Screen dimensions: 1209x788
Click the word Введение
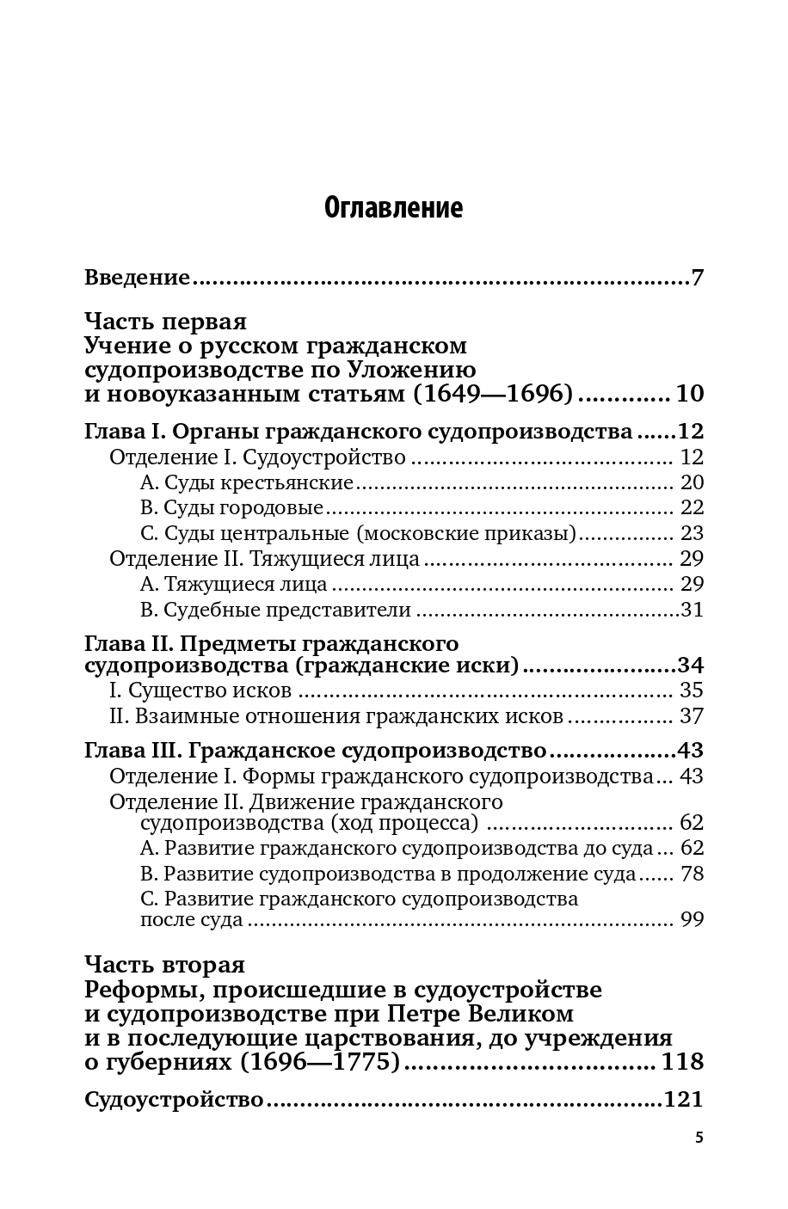pyautogui.click(x=137, y=278)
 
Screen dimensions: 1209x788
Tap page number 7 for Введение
pyautogui.click(x=697, y=278)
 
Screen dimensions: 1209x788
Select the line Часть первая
pyautogui.click(x=166, y=322)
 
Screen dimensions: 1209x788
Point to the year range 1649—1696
pyautogui.click(x=489, y=395)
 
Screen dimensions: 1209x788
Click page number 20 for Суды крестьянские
pyautogui.click(x=692, y=482)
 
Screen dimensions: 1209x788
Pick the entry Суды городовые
pyautogui.click(x=231, y=507)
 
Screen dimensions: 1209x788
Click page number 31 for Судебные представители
pyautogui.click(x=692, y=610)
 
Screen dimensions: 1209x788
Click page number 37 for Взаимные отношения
pyautogui.click(x=692, y=715)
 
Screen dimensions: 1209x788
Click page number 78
pyautogui.click(x=692, y=875)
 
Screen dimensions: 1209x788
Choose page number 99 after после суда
pyautogui.click(x=692, y=920)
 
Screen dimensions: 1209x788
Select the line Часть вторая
pyautogui.click(x=165, y=965)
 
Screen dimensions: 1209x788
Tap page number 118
pyautogui.click(x=683, y=1062)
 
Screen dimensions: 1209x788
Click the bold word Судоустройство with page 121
pyautogui.click(x=174, y=1100)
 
